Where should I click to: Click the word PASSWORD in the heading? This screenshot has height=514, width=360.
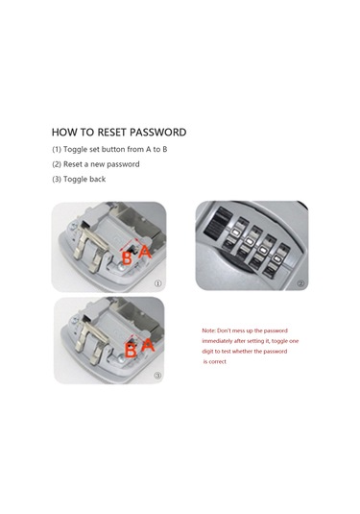coord(158,133)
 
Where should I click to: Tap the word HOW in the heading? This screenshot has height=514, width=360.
coord(63,133)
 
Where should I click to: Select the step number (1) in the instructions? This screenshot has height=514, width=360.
coord(57,150)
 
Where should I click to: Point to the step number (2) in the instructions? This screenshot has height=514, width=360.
coord(57,164)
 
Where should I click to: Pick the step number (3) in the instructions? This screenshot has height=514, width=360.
coord(57,180)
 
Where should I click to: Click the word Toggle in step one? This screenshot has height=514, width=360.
coord(75,150)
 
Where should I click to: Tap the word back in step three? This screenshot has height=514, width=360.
coord(98,179)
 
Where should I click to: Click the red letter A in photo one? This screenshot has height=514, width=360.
coord(144,252)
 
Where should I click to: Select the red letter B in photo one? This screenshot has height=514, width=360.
coord(127,258)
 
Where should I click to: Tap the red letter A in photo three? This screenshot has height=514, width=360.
coord(148,345)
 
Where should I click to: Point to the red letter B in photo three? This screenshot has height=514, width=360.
coord(131,351)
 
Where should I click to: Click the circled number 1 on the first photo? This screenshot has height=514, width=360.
coord(157,283)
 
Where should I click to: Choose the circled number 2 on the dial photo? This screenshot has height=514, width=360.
coord(300,283)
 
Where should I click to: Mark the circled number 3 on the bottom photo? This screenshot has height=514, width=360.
coord(157,376)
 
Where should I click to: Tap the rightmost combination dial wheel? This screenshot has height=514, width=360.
coord(276,260)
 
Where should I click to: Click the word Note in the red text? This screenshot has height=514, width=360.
coord(208,330)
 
